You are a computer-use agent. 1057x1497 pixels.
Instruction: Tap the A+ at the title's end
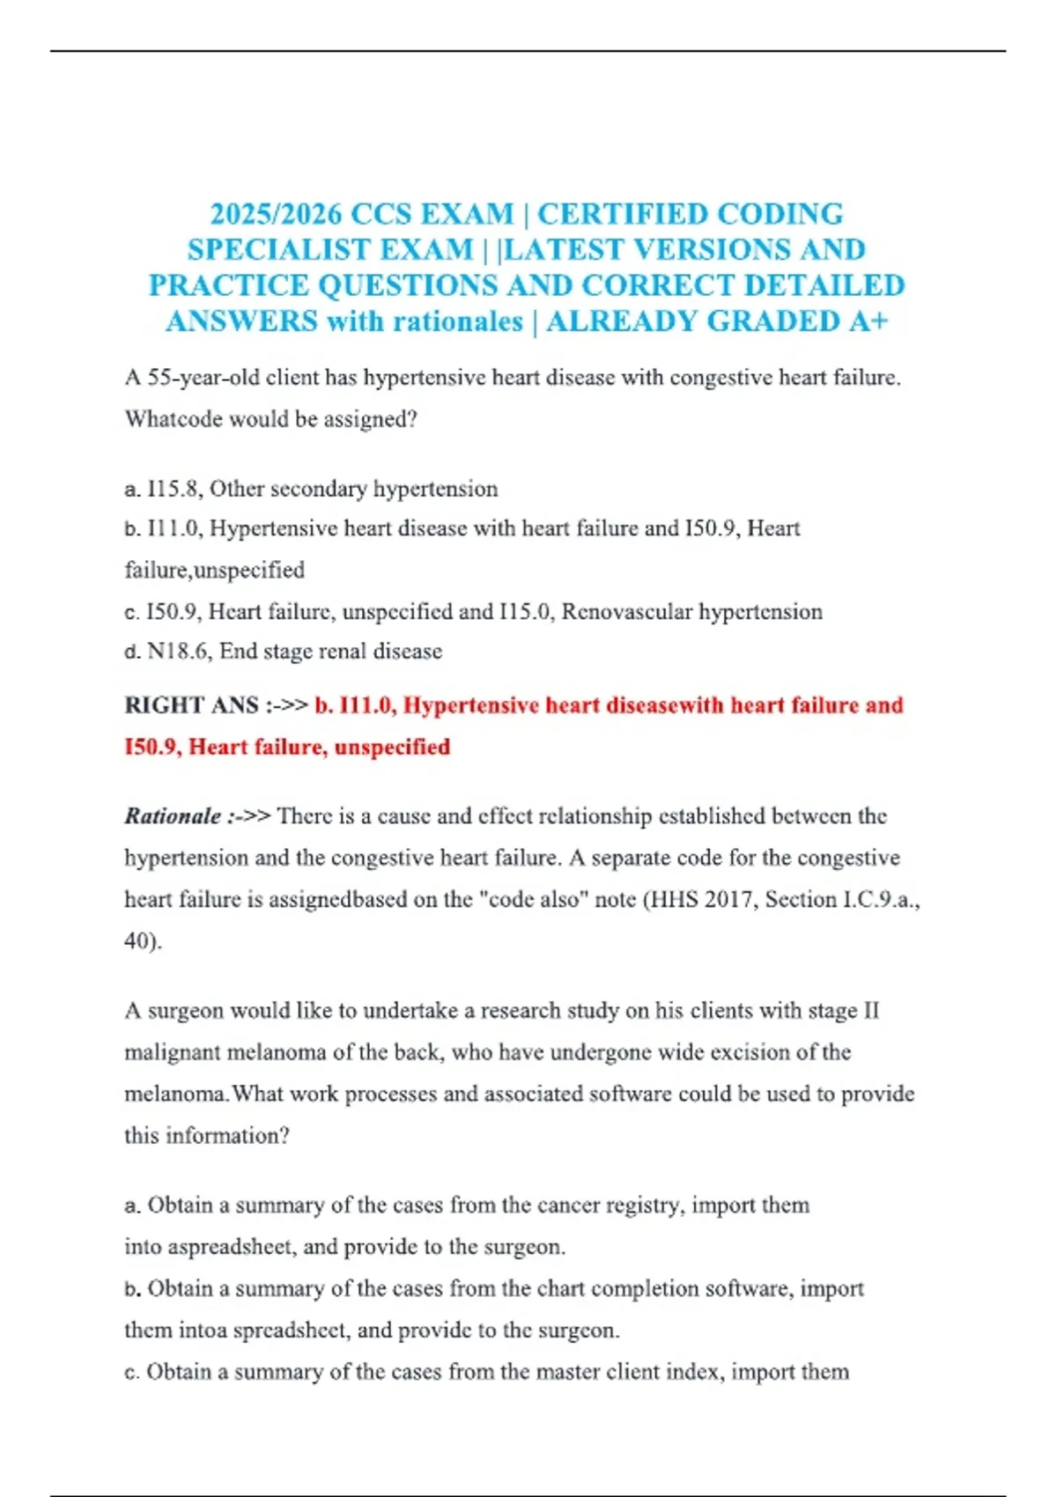869,321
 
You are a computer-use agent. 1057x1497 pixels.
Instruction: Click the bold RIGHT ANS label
191,705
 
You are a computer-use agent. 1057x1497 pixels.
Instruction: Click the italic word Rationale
173,816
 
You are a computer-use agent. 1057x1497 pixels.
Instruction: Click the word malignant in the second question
172,1052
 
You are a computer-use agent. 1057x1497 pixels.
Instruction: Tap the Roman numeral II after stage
870,1011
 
